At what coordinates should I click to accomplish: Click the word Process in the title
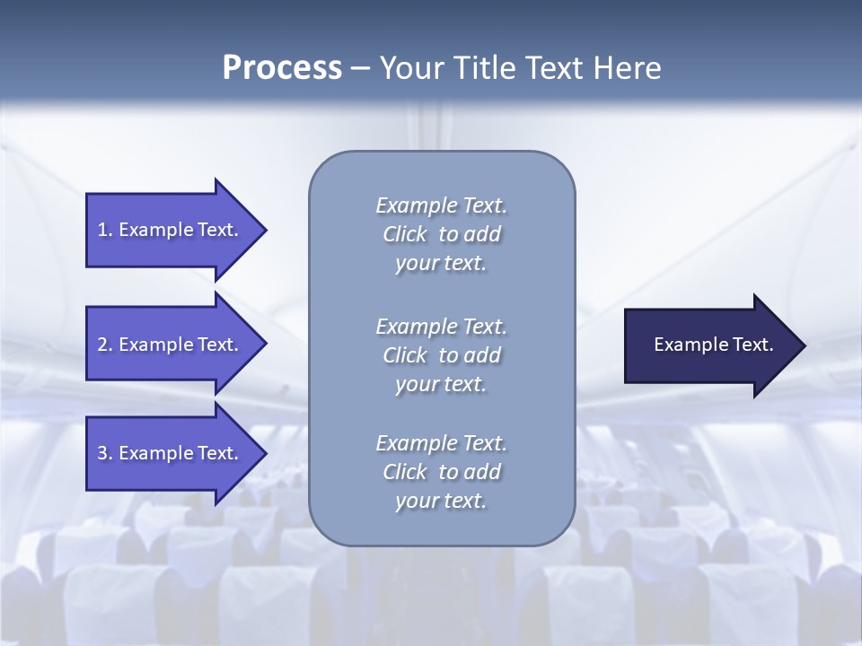[282, 68]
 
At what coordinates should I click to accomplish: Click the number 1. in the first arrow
[105, 230]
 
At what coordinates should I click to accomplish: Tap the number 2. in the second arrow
[105, 345]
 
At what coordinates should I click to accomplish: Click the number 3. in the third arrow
[105, 453]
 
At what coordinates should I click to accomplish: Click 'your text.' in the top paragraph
[441, 264]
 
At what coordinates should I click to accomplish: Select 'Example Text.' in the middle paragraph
[441, 326]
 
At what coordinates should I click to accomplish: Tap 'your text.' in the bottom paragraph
[441, 502]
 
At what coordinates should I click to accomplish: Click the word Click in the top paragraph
[405, 235]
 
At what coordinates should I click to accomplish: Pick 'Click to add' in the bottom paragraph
[441, 472]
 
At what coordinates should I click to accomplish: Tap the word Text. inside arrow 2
[217, 345]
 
